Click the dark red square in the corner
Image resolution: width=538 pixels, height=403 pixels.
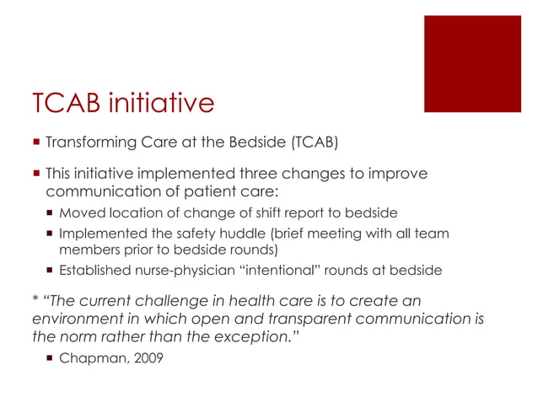[472, 63]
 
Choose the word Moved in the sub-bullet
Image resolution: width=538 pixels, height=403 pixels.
[79, 212]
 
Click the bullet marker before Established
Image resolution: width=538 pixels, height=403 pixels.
[50, 271]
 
